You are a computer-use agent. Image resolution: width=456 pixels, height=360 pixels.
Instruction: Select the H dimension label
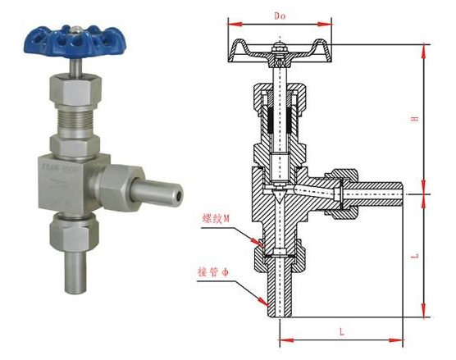click(415, 120)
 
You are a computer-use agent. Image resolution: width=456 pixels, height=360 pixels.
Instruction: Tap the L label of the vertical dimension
click(415, 256)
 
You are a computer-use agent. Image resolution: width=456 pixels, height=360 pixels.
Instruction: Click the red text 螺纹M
click(215, 219)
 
